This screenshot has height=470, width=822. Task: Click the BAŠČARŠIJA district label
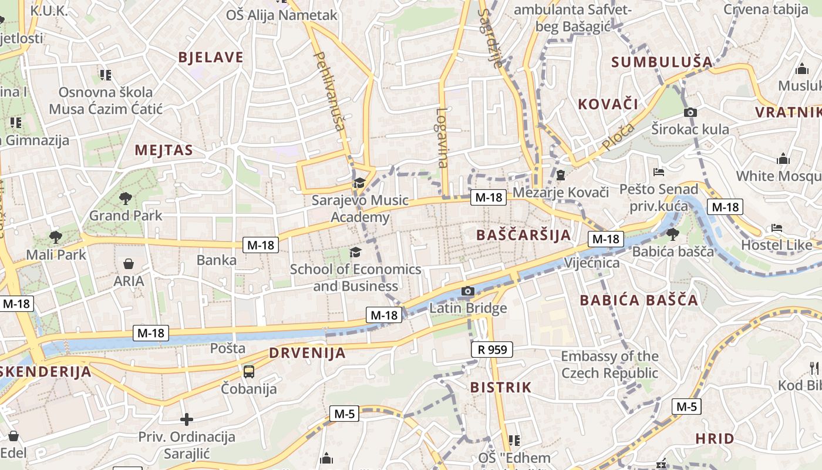[x=523, y=236]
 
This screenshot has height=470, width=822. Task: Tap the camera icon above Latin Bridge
[x=468, y=291]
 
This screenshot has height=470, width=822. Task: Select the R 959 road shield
[x=492, y=350]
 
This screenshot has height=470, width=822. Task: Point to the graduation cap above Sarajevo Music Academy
[x=359, y=183]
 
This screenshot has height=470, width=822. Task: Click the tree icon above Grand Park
[x=125, y=199]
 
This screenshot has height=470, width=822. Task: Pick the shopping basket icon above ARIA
[x=129, y=264]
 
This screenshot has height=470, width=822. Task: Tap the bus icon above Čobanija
[x=249, y=371]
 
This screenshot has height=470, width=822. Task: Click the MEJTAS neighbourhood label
[x=164, y=150]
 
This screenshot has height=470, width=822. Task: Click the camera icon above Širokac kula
[x=690, y=112]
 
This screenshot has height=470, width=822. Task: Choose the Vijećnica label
[x=592, y=263]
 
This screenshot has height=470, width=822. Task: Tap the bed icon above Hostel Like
[x=777, y=228]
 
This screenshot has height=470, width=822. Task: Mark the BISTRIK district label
[x=501, y=388]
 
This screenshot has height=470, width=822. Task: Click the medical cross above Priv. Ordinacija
[x=187, y=419]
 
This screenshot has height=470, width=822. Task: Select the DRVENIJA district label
[x=307, y=354]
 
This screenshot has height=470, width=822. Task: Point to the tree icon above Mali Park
[x=56, y=237]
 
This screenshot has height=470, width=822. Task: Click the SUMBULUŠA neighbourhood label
[x=662, y=62]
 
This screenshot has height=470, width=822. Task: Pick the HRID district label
[x=715, y=439]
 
